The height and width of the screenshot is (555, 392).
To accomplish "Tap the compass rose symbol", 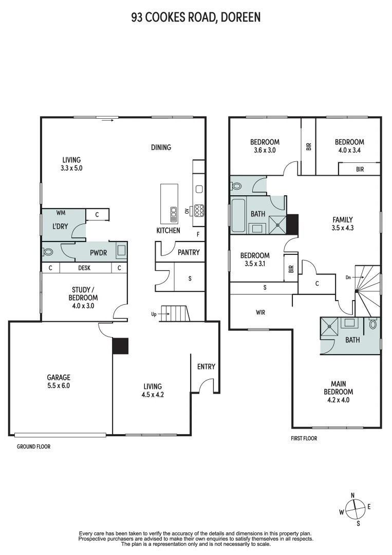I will click(354, 509).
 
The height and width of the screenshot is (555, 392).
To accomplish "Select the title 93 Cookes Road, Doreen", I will click(196, 17).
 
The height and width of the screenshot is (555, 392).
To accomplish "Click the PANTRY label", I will click(188, 252).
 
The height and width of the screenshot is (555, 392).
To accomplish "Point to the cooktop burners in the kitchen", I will click(199, 210).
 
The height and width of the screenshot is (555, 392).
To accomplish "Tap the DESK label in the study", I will click(84, 268).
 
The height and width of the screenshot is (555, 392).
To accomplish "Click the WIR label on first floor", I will click(260, 312).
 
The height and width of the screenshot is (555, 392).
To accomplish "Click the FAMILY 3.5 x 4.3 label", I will click(342, 224).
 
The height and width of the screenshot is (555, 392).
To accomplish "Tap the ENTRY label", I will click(206, 366).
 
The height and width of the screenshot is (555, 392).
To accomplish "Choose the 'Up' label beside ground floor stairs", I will click(154, 313).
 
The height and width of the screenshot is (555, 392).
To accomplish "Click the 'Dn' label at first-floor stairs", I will click(348, 277).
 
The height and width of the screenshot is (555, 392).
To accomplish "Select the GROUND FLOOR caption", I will click(33, 447).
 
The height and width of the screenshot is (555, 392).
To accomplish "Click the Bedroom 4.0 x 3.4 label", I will click(349, 146).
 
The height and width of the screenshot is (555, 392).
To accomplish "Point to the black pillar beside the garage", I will click(120, 346).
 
